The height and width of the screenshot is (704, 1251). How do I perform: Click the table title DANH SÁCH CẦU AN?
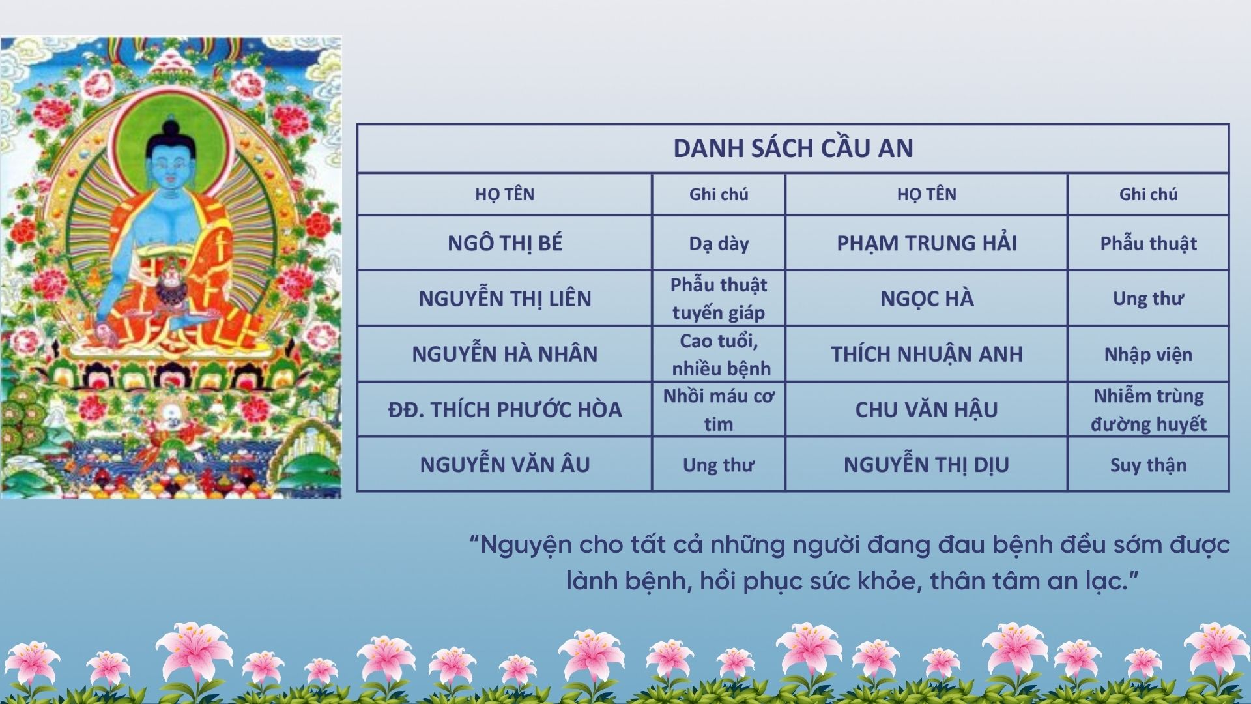coord(793,148)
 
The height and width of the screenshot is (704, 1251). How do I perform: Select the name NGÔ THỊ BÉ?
coord(504,243)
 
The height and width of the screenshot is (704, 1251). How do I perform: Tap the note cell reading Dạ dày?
coord(719,244)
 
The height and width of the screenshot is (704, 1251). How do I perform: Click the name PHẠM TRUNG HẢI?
coord(927,243)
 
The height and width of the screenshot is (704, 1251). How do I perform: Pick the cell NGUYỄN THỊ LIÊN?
coord(504,298)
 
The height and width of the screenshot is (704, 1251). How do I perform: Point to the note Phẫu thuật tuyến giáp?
coord(719,299)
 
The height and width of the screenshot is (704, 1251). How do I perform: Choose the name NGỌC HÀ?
coord(927,299)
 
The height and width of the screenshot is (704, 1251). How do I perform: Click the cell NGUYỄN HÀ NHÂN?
coord(504,353)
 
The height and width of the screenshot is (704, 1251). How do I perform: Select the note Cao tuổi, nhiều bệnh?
coord(719,355)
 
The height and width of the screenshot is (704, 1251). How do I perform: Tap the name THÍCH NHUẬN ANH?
coord(927,354)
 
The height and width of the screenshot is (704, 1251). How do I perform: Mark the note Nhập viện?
coord(1148,355)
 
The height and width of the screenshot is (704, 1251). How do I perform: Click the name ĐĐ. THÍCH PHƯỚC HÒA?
coord(504,409)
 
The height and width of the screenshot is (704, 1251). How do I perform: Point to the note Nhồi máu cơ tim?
coord(719,409)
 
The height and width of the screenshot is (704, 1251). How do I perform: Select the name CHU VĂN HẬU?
coord(927,409)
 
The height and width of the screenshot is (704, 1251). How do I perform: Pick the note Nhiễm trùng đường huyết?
coord(1148,409)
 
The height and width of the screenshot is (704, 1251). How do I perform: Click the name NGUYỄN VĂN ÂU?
coord(504,464)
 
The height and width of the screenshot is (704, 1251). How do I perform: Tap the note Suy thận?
coord(1148,465)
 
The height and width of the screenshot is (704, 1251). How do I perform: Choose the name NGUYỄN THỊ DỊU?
coord(927,464)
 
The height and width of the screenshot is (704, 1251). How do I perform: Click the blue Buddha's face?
coord(171,163)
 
